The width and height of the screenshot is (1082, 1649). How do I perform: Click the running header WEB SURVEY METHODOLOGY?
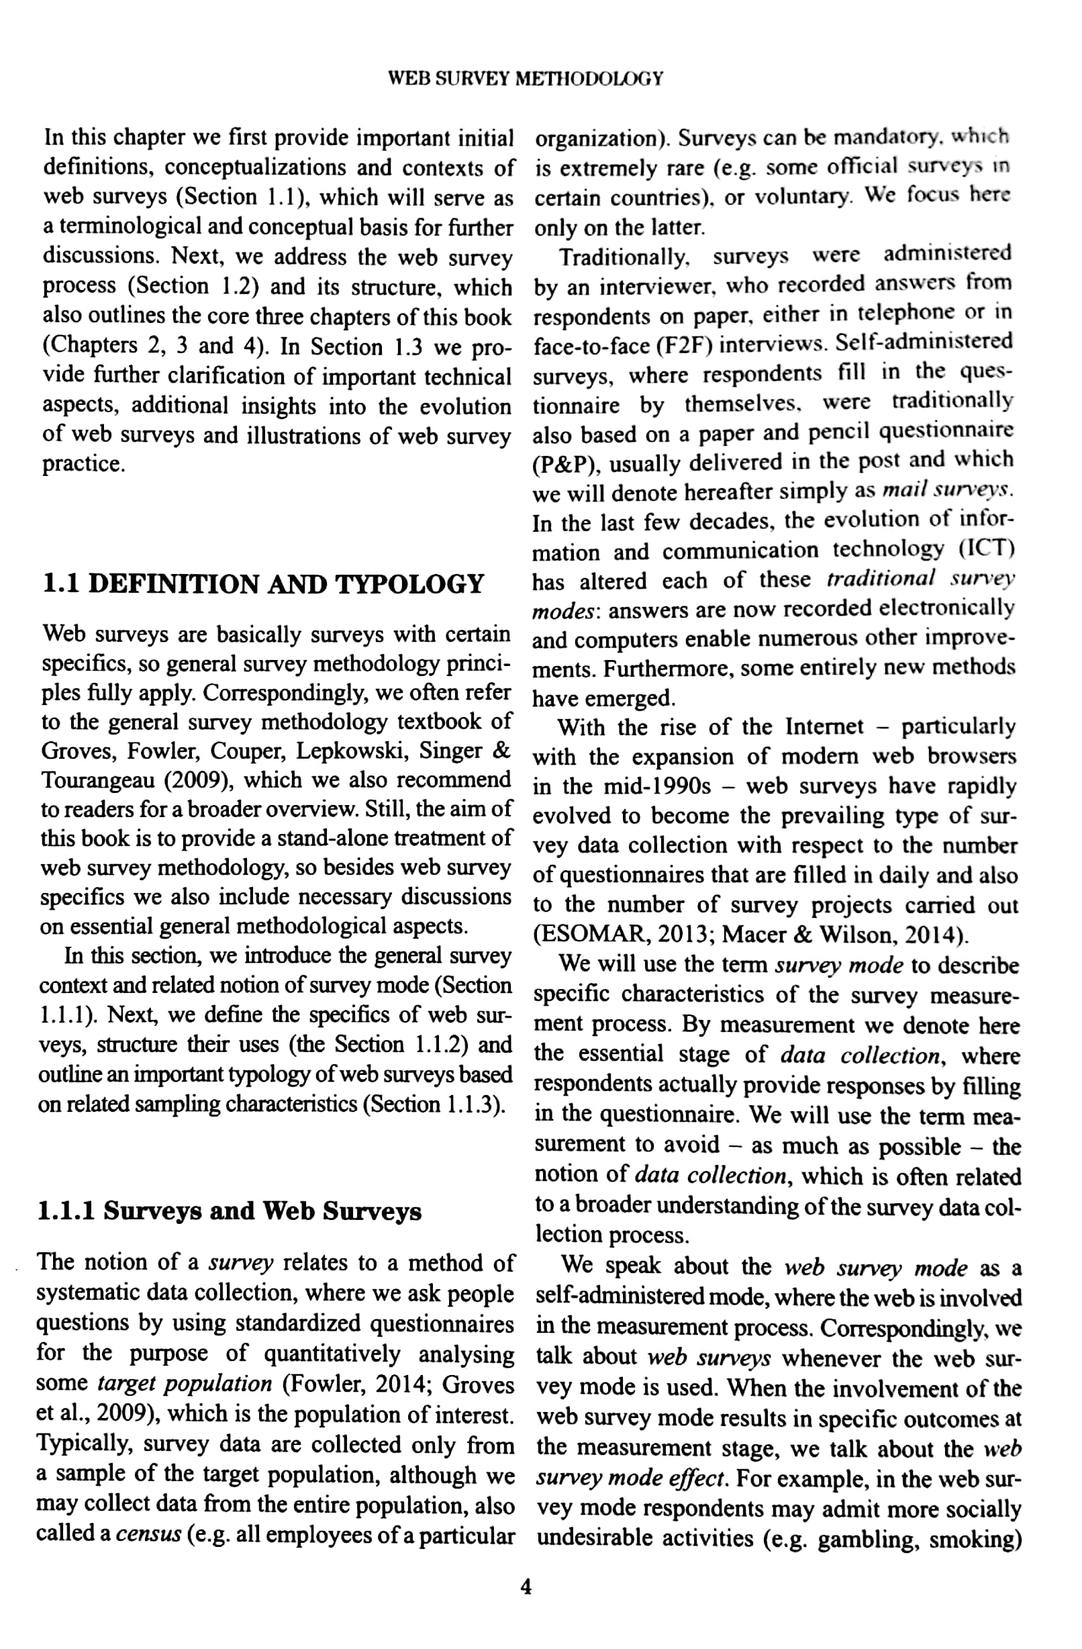tap(525, 79)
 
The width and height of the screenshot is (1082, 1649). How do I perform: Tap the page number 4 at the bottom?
tap(526, 1586)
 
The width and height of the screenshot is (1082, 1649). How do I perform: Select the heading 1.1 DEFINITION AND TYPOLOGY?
tap(263, 583)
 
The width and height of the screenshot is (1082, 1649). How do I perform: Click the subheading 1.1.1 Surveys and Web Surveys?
tap(230, 1211)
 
